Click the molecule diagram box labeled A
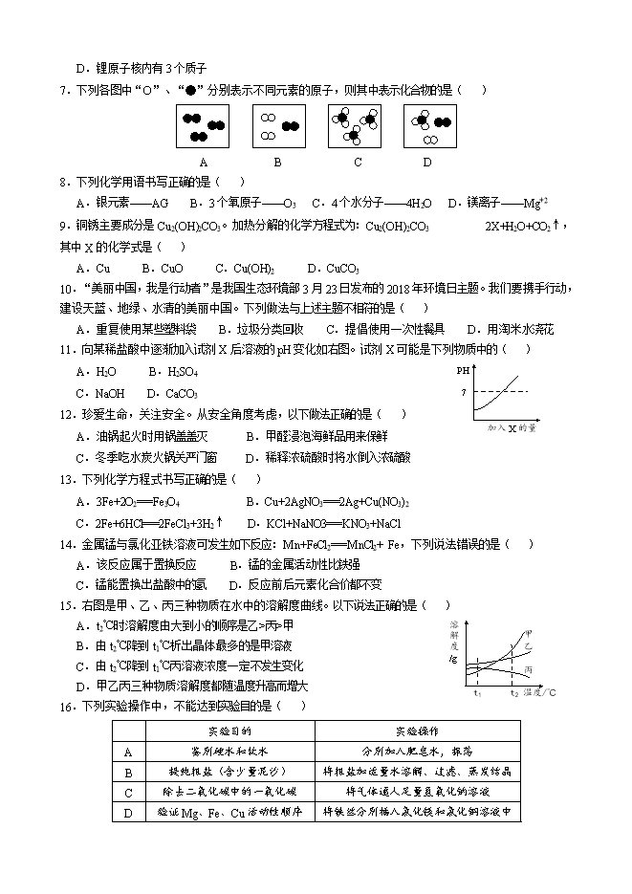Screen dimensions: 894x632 click(x=204, y=125)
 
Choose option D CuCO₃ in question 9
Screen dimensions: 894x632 click(x=333, y=269)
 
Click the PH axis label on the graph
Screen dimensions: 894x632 click(x=463, y=368)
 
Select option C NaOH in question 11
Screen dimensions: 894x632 click(x=99, y=393)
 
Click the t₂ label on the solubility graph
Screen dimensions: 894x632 click(x=513, y=691)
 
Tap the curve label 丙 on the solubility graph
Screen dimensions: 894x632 click(x=529, y=668)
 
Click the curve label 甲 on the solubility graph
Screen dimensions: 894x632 click(x=527, y=633)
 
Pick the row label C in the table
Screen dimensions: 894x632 click(x=127, y=792)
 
